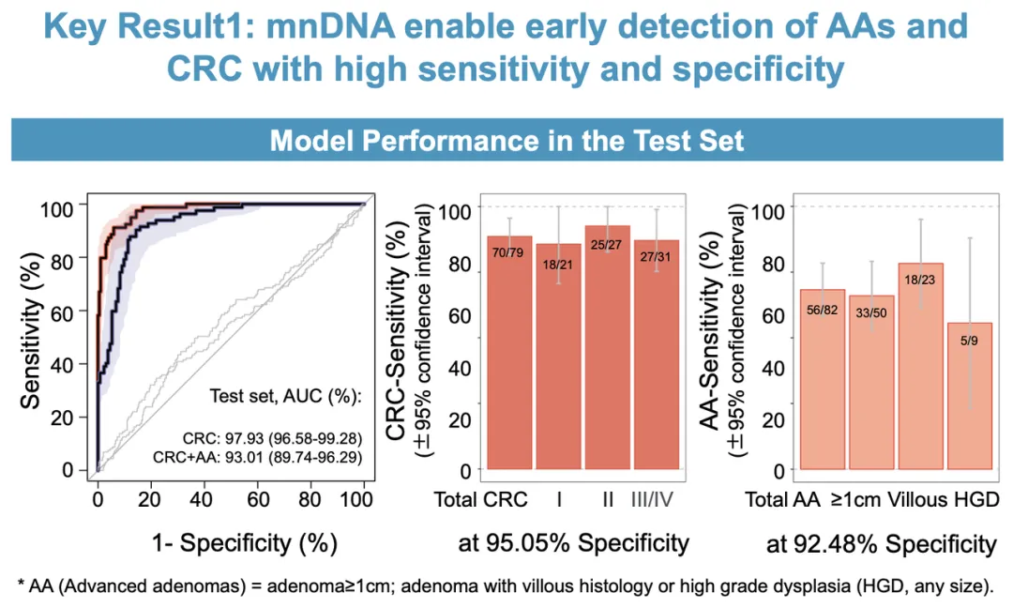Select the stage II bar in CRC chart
click(x=607, y=347)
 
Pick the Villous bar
click(x=920, y=366)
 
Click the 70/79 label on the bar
click(x=509, y=253)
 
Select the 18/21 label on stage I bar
click(x=558, y=264)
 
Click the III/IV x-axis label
click(x=656, y=498)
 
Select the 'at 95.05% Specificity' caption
click(x=574, y=542)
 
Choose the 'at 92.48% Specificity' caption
click(x=881, y=543)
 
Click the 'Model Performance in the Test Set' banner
click(x=506, y=141)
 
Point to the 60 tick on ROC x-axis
click(x=259, y=497)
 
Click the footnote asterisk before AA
click(x=21, y=586)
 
